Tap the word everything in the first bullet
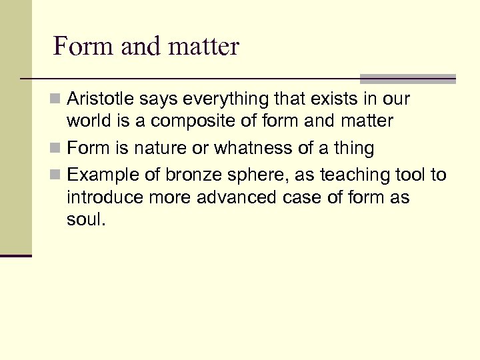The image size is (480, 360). (212, 99)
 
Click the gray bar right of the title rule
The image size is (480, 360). (407, 78)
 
